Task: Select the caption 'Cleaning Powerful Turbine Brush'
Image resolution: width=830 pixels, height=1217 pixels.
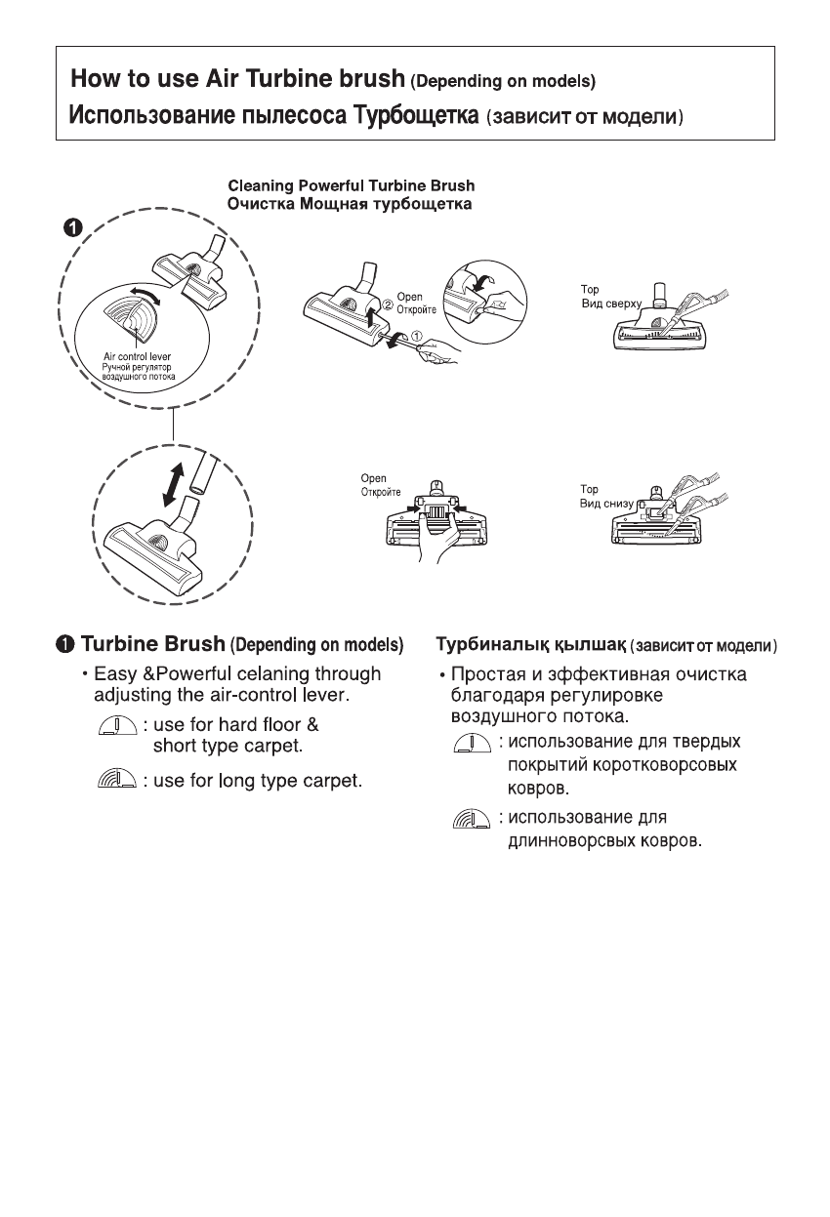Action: (351, 184)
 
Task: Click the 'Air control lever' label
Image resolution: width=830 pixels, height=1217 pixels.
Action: (138, 356)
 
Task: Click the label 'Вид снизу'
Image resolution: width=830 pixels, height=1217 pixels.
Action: (603, 503)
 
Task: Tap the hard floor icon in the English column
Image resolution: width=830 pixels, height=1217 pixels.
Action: (117, 726)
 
